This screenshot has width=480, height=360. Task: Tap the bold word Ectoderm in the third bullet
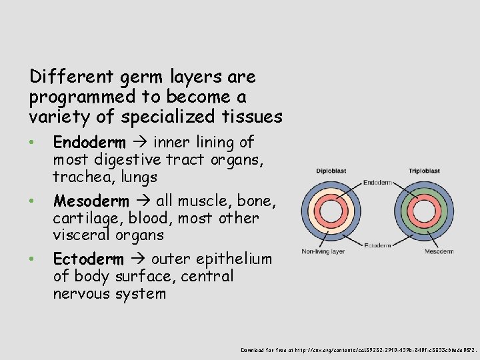[x=88, y=259]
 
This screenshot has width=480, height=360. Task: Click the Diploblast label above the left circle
[x=331, y=171]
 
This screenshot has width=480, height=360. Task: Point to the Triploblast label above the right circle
[x=424, y=171]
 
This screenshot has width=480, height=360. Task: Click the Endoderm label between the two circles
[x=377, y=182]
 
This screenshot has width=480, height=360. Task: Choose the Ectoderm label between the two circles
[x=377, y=245]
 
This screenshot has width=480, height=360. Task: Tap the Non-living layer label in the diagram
[x=323, y=251]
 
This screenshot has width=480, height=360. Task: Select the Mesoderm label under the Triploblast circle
[x=420, y=251]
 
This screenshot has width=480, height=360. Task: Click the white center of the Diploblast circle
[x=331, y=212]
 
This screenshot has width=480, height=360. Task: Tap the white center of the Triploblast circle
[x=423, y=212]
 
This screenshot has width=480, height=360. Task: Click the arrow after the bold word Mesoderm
[x=143, y=201]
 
